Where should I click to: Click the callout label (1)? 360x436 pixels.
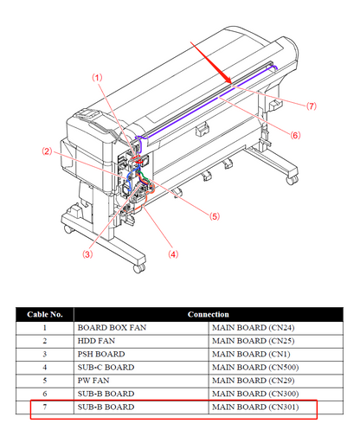coord(97,78)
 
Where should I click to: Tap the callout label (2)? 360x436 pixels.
coord(47,151)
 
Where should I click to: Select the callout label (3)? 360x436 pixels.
coord(87,254)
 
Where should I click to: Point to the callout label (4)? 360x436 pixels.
coord(173,254)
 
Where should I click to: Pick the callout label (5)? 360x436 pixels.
coord(215,216)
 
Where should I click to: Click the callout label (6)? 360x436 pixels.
coord(295,135)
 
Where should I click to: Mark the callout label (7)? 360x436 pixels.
coord(312,106)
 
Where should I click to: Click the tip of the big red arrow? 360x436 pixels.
coord(231,84)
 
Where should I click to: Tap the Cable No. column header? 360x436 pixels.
coord(45,314)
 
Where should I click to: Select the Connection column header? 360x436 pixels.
coord(209,314)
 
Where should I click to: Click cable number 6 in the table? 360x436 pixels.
coord(45,394)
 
